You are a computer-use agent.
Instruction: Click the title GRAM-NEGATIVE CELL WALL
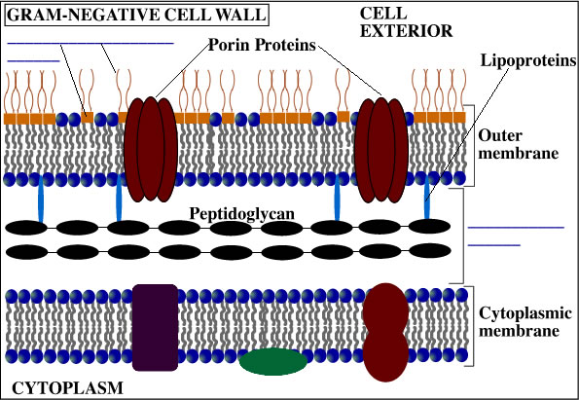pos(136,16)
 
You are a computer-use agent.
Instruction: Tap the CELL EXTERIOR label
pos(406,22)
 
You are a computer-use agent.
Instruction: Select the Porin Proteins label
pos(262,45)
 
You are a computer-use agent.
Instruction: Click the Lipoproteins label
pos(528,60)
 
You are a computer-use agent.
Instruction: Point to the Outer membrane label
pos(518,144)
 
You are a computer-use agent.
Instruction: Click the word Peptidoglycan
pos(242,214)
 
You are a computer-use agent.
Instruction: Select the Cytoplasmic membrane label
pos(525,322)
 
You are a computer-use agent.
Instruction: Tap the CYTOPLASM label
pos(67,388)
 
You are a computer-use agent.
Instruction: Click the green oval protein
pos(272,362)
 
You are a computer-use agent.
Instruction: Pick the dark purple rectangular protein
pos(155,327)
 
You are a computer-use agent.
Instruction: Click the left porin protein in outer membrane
pos(151,149)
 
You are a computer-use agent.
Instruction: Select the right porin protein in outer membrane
pos(381,150)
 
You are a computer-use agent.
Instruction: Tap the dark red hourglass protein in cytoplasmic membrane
pos(386,332)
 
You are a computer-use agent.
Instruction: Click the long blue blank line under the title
pos(90,43)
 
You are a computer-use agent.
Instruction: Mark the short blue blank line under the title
pos(33,60)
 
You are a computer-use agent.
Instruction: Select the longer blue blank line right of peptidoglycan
pos(516,228)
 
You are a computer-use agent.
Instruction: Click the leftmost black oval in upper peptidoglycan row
pos(26,228)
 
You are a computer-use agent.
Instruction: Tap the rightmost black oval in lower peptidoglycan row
pos(430,251)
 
